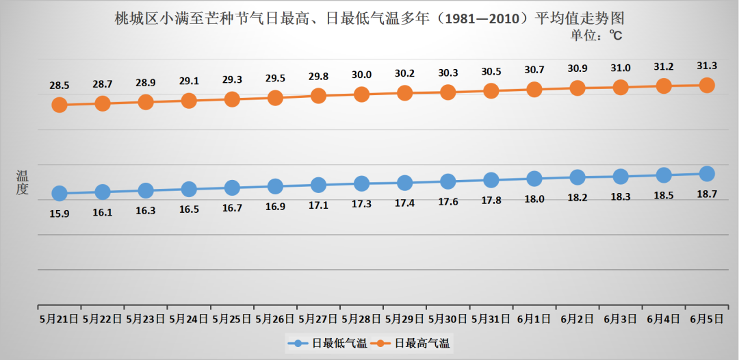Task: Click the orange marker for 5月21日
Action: [60, 105]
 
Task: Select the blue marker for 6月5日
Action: [707, 174]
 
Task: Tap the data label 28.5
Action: [60, 86]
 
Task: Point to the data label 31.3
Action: [707, 66]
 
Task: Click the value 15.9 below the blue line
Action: [60, 213]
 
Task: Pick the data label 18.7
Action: [707, 194]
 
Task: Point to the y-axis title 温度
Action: [23, 183]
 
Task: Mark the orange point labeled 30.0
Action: [361, 94]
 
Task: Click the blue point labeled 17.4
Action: [404, 183]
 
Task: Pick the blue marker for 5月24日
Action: [189, 189]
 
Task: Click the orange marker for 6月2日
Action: [578, 88]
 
